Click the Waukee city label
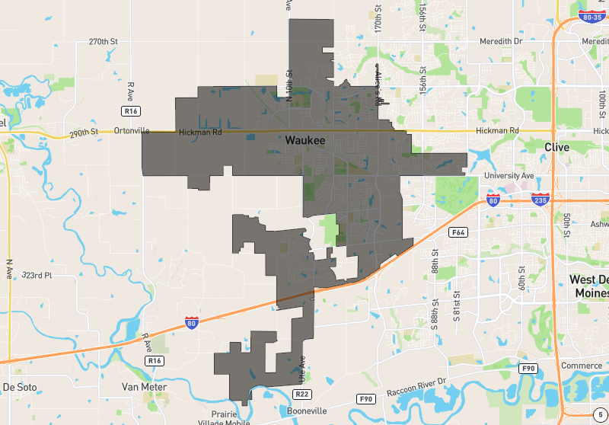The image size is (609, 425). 305,141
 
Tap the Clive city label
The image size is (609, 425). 556,147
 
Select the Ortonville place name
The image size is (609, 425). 131,131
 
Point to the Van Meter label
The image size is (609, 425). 144,387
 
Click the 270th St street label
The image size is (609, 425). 104,41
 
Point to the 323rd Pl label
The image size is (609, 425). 37,275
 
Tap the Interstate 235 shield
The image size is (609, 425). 540,200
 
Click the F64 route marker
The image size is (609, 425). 458,232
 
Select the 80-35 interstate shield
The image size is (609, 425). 591,16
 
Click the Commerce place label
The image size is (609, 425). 581,366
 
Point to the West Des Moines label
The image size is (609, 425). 589,286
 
